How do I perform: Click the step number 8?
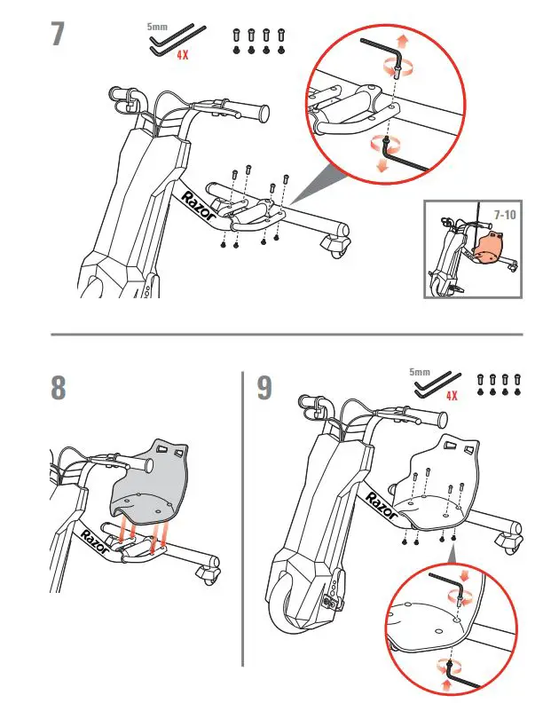point(59,388)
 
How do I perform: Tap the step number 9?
point(264,389)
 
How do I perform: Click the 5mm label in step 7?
point(156,28)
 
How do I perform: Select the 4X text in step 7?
point(182,55)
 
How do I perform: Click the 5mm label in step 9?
point(420,372)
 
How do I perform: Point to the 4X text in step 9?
point(452,396)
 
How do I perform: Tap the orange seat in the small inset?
point(489,248)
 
